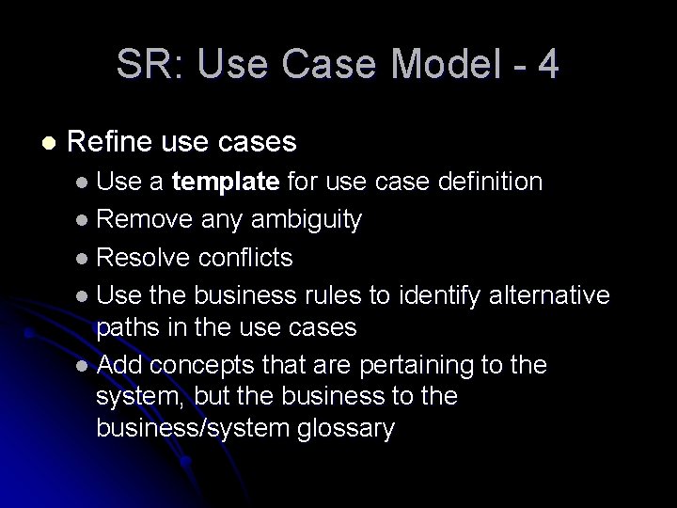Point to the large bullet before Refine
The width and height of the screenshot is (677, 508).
pos(49,143)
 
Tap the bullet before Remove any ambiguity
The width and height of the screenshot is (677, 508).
pos(84,220)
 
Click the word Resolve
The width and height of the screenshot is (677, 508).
pos(144,257)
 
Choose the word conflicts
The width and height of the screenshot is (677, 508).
pos(245,257)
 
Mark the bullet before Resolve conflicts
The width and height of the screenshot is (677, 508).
pos(84,258)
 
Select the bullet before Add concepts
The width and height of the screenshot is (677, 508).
pos(84,366)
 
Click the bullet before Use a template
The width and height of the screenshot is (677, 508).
pos(84,182)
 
